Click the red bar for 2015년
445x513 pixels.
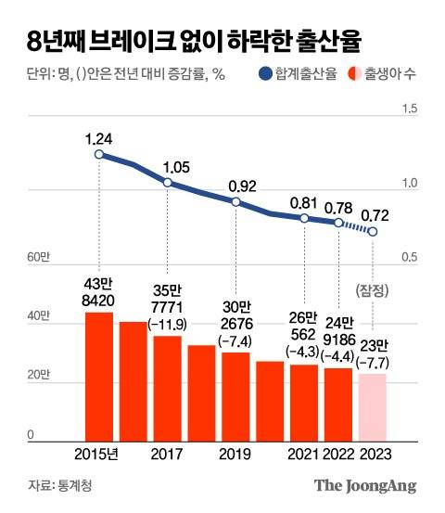(99, 376)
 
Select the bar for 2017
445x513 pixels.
(167, 388)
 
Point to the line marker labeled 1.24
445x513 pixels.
(99, 154)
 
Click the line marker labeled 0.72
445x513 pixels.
(373, 231)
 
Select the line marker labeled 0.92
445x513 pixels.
(235, 202)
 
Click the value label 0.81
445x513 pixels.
(303, 202)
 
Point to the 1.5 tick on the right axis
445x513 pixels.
(408, 109)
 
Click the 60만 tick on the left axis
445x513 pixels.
(36, 257)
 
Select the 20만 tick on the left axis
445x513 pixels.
(36, 376)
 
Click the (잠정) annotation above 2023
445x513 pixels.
(372, 289)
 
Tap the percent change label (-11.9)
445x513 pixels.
(167, 324)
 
